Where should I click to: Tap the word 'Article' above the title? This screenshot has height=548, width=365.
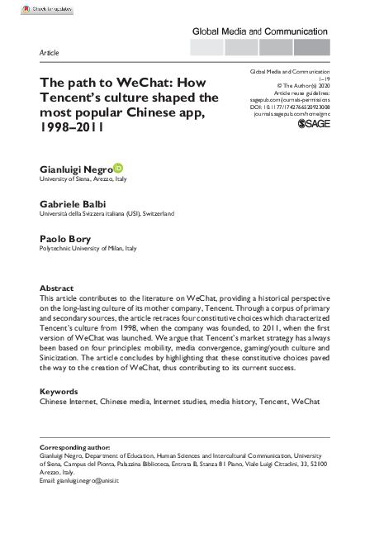(50, 53)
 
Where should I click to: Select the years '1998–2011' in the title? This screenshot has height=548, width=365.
(76, 130)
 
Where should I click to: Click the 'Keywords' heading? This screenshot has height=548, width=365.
(60, 391)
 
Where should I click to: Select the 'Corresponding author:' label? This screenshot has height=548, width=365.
(75, 446)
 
